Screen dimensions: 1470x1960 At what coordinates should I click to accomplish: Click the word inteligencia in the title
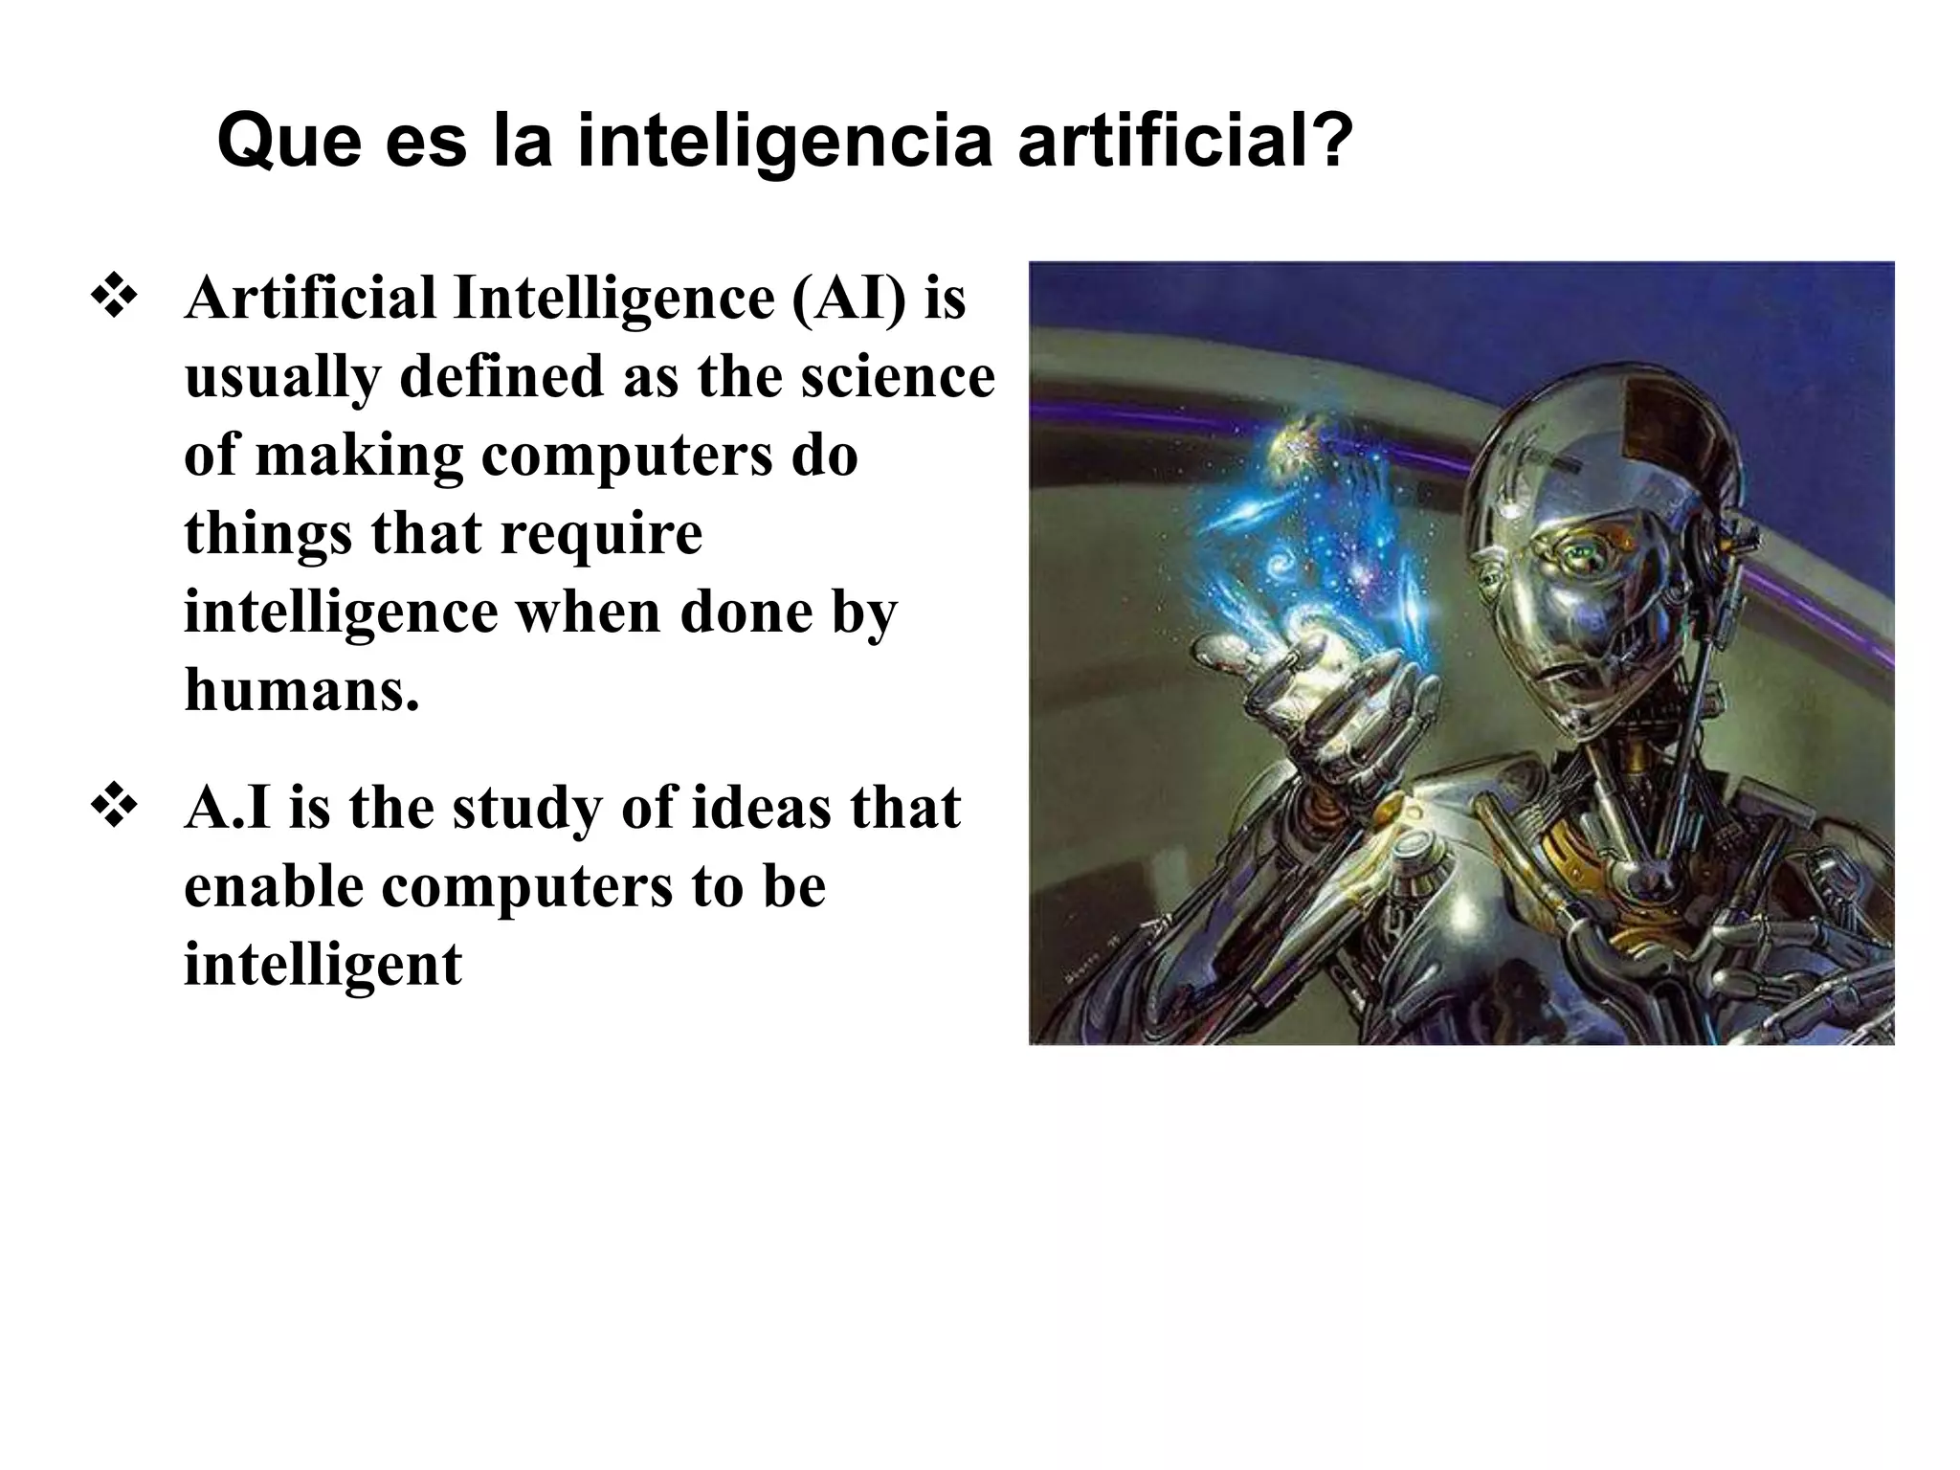785,141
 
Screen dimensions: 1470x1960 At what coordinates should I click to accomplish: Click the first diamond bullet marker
113,298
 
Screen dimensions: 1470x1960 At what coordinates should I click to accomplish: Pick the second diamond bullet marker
113,808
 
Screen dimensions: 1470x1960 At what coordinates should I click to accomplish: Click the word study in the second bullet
525,808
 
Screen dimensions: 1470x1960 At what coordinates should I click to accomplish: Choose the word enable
274,886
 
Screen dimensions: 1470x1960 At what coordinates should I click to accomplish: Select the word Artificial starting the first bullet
311,298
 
